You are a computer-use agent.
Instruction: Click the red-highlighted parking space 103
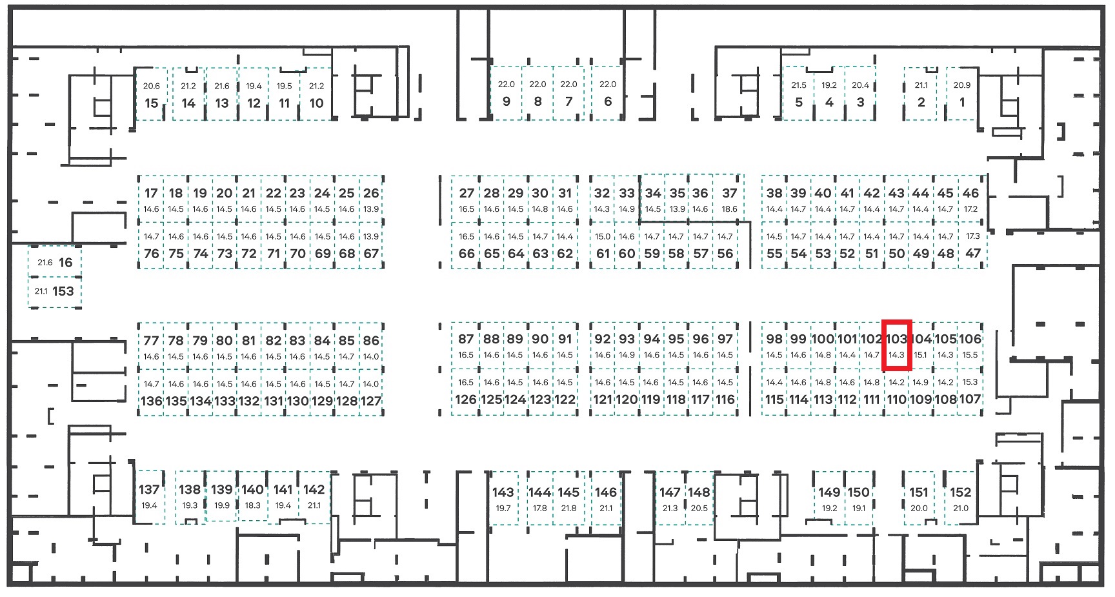click(896, 345)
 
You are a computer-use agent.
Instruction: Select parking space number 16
click(54, 262)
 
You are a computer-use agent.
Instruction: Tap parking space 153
click(54, 292)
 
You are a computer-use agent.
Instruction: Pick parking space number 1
click(962, 94)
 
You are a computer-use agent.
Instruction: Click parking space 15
click(152, 94)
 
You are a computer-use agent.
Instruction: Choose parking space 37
click(729, 198)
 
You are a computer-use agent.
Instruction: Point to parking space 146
click(606, 498)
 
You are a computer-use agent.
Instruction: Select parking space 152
click(961, 498)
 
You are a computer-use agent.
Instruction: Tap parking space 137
click(149, 496)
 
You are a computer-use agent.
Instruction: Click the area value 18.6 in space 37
click(729, 209)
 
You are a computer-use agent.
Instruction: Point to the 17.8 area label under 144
click(539, 509)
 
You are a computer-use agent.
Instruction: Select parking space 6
click(607, 93)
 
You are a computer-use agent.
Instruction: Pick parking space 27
click(466, 198)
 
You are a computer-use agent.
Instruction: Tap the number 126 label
click(466, 400)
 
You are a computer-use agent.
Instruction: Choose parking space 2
click(921, 94)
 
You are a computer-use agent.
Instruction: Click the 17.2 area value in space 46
click(970, 209)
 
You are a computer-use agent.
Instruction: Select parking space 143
click(503, 498)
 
